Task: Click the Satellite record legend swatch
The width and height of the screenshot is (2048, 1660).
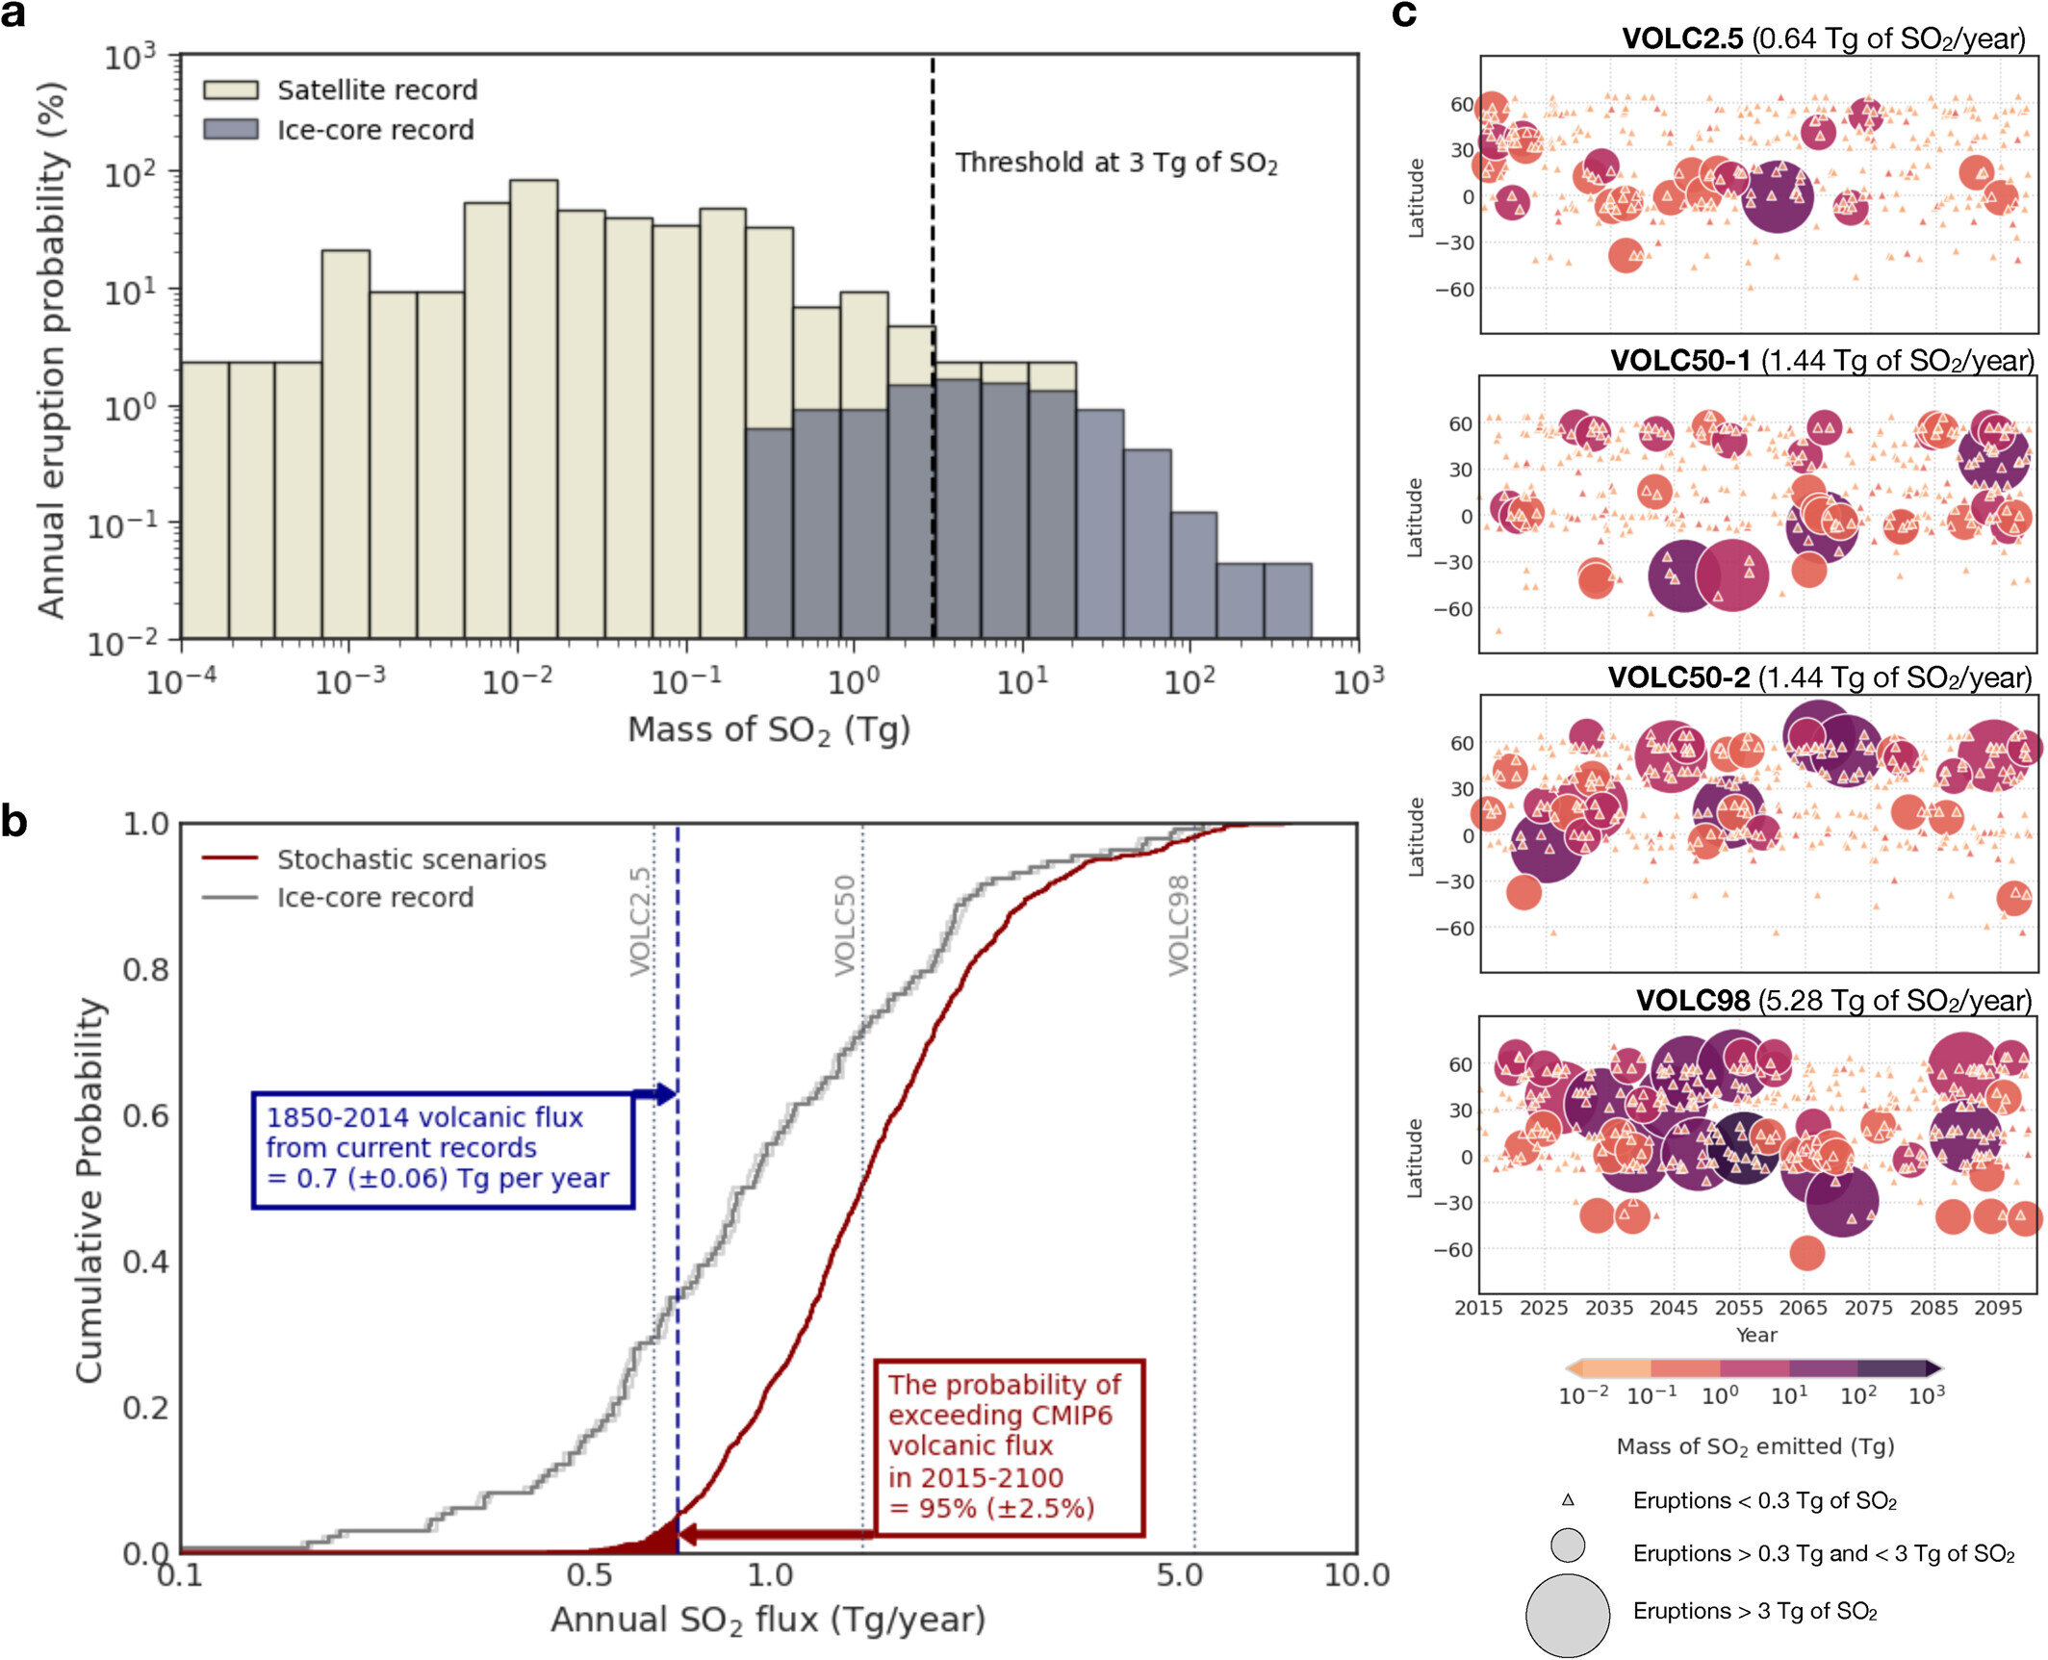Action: [x=230, y=89]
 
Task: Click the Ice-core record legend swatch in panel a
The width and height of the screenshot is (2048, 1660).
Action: [x=230, y=129]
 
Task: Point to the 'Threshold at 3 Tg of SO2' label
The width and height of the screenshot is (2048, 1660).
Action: [x=1115, y=163]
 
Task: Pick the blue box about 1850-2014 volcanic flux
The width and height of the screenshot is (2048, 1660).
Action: [x=442, y=1149]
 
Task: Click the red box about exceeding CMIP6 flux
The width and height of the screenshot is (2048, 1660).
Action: [x=1008, y=1446]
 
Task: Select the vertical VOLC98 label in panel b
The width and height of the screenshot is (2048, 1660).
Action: [x=1179, y=925]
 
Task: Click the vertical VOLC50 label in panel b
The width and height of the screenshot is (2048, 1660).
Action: [x=845, y=925]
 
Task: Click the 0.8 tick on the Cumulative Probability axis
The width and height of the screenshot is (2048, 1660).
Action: [x=146, y=970]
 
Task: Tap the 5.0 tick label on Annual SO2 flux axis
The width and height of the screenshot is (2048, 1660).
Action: [x=1179, y=1575]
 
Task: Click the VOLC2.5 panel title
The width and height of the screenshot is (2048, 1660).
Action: [x=1823, y=38]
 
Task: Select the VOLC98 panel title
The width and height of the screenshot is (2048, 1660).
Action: [x=1832, y=1000]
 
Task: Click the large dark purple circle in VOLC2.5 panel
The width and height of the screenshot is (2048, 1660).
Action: [x=1777, y=197]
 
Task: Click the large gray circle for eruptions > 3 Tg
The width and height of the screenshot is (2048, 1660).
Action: [x=1567, y=1616]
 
